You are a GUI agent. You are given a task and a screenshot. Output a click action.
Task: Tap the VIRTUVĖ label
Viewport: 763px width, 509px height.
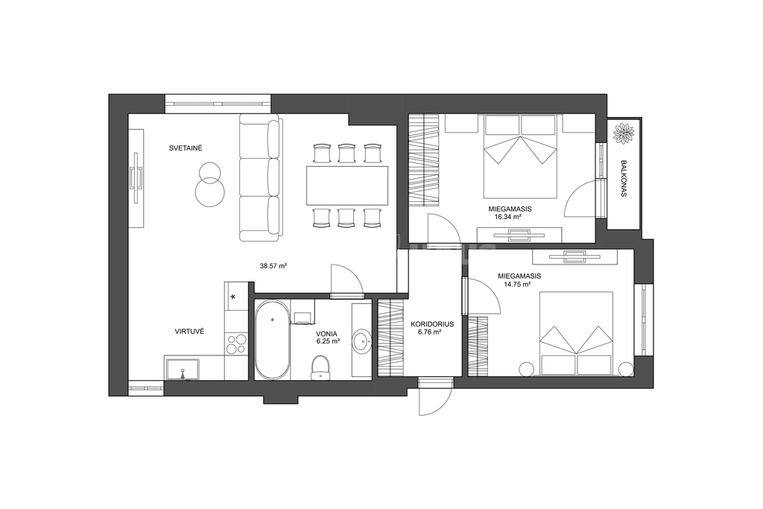(x=189, y=332)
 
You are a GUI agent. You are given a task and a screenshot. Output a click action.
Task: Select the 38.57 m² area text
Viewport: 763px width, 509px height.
(x=273, y=266)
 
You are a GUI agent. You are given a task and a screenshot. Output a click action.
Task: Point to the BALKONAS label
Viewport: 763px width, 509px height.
(x=624, y=178)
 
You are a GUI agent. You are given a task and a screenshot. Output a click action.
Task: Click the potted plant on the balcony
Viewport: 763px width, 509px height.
(x=624, y=133)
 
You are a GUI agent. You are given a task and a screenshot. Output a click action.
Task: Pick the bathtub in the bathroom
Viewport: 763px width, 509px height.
(x=273, y=340)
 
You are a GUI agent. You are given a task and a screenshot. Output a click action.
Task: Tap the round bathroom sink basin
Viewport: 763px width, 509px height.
(x=362, y=341)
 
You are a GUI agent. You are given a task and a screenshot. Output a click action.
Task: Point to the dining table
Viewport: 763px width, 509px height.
(x=347, y=186)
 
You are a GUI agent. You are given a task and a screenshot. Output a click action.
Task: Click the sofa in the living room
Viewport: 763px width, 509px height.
(x=261, y=177)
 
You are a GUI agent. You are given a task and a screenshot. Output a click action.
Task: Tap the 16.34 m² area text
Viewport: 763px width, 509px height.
(x=508, y=217)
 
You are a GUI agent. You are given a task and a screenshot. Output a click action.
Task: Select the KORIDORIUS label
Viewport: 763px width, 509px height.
(x=432, y=323)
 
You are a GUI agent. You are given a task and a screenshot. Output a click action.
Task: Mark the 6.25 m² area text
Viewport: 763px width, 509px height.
(x=328, y=341)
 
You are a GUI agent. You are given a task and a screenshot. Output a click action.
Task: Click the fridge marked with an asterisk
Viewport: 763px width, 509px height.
(x=233, y=297)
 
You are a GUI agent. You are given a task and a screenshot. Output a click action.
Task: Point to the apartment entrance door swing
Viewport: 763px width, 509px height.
(x=436, y=398)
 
